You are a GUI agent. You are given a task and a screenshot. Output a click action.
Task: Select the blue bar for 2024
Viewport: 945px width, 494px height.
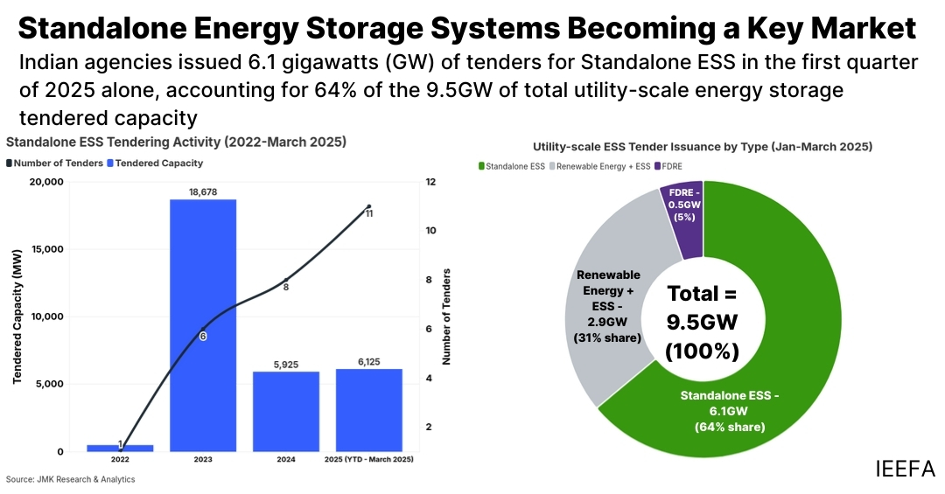[286, 411]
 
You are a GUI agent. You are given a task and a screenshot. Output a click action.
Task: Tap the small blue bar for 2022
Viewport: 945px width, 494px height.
[120, 448]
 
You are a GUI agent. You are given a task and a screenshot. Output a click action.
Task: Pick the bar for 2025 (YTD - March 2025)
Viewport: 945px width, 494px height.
[369, 410]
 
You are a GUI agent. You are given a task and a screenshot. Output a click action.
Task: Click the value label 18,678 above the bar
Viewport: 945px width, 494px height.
[203, 191]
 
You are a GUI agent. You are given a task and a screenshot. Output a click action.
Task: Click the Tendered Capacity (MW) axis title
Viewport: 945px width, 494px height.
[17, 317]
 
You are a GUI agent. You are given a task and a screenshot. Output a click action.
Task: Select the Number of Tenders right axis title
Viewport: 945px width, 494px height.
[446, 317]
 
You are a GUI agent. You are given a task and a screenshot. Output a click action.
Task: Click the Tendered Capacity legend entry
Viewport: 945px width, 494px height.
[155, 163]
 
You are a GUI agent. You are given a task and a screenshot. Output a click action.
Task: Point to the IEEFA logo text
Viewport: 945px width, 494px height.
[905, 468]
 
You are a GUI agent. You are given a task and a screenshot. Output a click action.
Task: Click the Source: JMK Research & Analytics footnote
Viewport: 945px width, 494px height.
[71, 479]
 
